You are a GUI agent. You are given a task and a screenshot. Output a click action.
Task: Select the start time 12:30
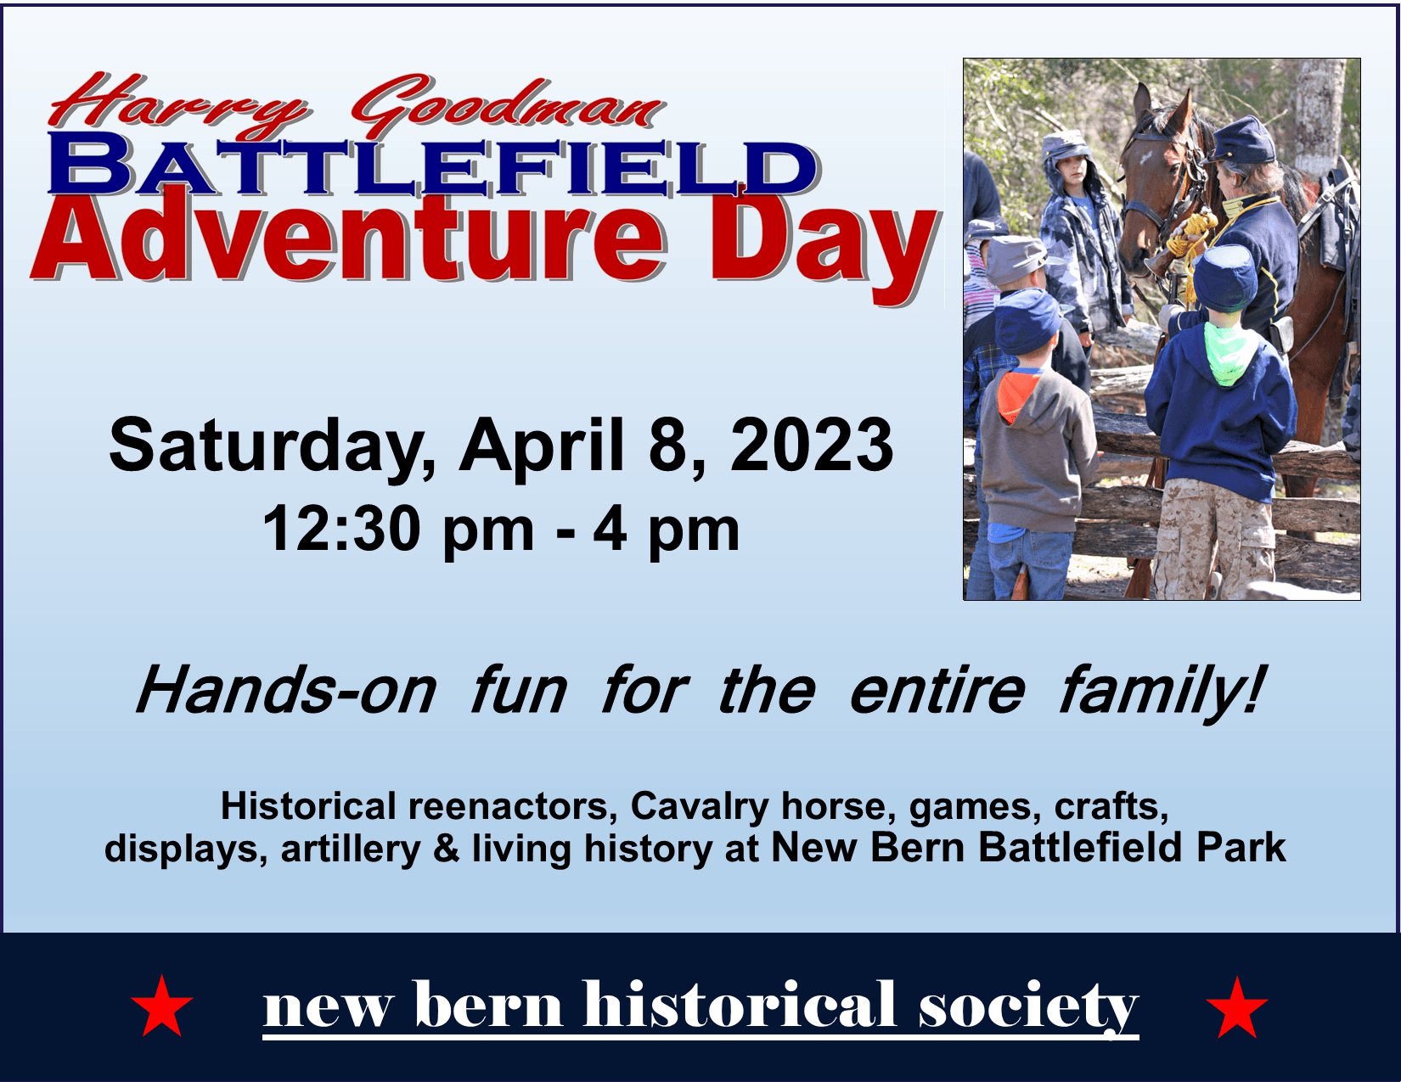click(341, 530)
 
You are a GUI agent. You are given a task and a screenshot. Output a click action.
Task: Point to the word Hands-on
click(285, 691)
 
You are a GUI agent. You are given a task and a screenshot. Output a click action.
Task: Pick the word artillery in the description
click(350, 849)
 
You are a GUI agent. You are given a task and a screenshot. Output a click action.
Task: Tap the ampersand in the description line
click(446, 848)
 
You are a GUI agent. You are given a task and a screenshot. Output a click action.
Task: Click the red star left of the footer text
click(162, 1007)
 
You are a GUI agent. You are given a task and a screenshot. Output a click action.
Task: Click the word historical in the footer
click(740, 1005)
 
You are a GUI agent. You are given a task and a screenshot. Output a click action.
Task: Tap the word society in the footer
click(1028, 1007)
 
